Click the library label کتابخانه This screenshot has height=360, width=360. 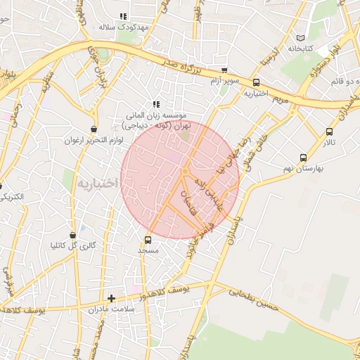coord(300,49)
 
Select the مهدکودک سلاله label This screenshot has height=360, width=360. coord(116,27)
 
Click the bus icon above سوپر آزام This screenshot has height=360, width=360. coord(224,70)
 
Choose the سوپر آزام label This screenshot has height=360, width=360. coord(224,82)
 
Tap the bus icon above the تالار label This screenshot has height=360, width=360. coord(330,131)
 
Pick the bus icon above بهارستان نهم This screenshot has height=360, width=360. coord(303,158)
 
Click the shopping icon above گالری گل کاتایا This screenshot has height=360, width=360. coord(73,235)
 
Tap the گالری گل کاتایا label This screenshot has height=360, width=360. coord(73,246)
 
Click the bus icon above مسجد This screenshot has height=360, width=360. coord(148,240)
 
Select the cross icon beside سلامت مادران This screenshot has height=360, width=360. coord(110,298)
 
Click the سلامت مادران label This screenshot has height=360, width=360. coord(110,309)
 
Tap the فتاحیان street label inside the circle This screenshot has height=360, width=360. coord(187,201)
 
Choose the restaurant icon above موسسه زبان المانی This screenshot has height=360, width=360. coord(156,104)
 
